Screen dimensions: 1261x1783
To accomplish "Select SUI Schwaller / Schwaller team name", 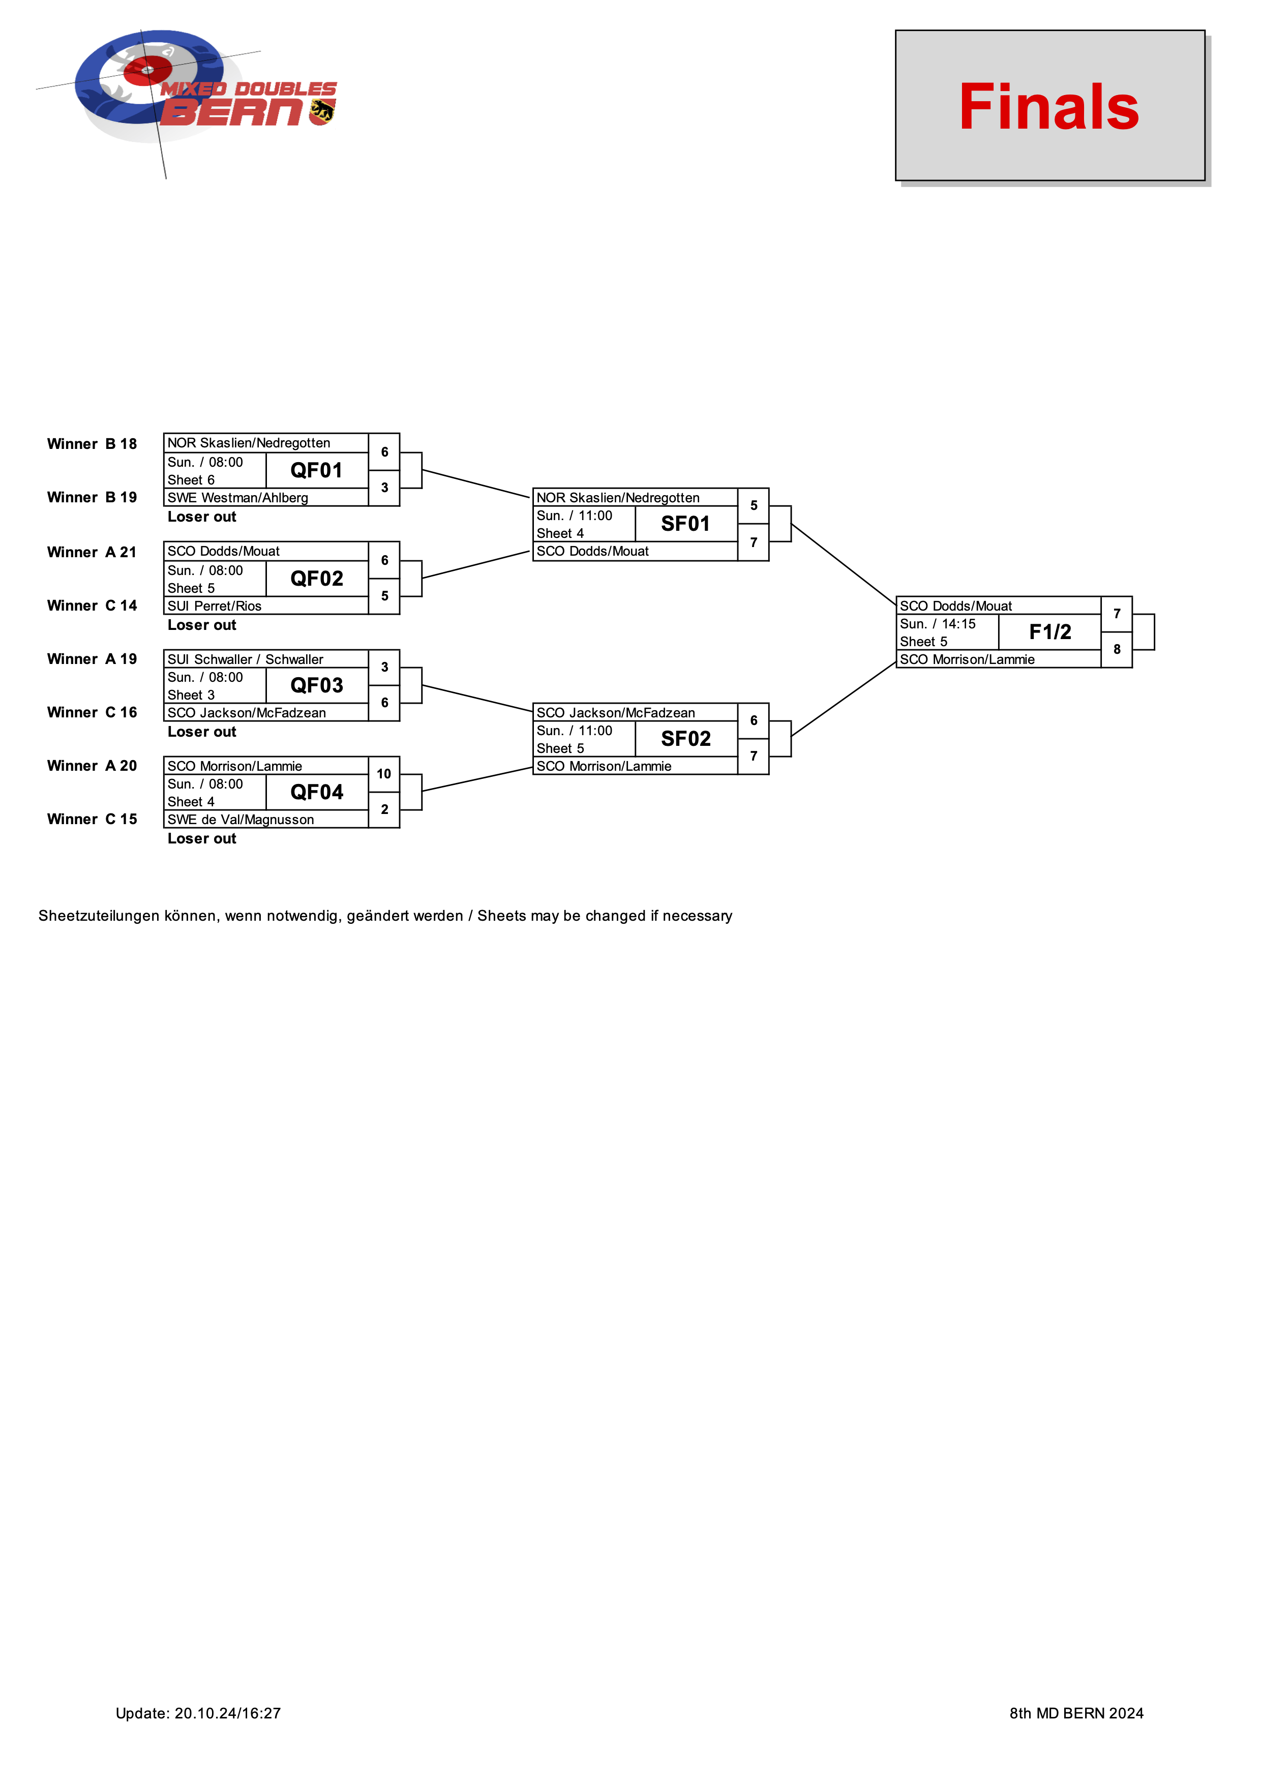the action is [x=246, y=659].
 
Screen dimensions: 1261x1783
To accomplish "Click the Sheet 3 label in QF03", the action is [x=191, y=695].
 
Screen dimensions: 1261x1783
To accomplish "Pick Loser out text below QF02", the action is [x=202, y=625].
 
